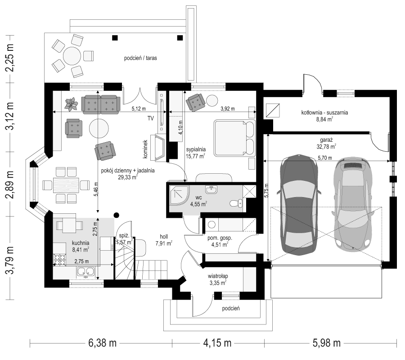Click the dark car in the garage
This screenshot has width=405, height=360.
coord(300,205)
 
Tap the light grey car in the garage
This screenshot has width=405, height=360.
coord(353,204)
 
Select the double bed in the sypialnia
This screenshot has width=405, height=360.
coord(234,138)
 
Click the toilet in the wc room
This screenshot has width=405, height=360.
coord(236,203)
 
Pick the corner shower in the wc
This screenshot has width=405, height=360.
coord(179,195)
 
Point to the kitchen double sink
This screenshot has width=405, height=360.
coord(85,271)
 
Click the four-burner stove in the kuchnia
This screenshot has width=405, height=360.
coord(59,260)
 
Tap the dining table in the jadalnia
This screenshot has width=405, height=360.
coord(66,185)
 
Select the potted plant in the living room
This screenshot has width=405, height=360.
coord(72,104)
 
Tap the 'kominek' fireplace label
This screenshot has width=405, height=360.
coord(145,149)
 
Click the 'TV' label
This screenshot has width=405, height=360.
coord(150,118)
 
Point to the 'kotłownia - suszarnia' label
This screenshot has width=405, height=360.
coord(324,112)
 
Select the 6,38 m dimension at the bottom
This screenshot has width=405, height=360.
coord(102,343)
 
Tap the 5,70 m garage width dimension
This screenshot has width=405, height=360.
coord(324,158)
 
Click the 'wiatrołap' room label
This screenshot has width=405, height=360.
coord(218,276)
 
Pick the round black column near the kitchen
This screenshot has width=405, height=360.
coord(117,215)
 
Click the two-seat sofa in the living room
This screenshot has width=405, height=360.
coord(101,104)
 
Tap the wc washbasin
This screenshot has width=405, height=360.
coord(211,189)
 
